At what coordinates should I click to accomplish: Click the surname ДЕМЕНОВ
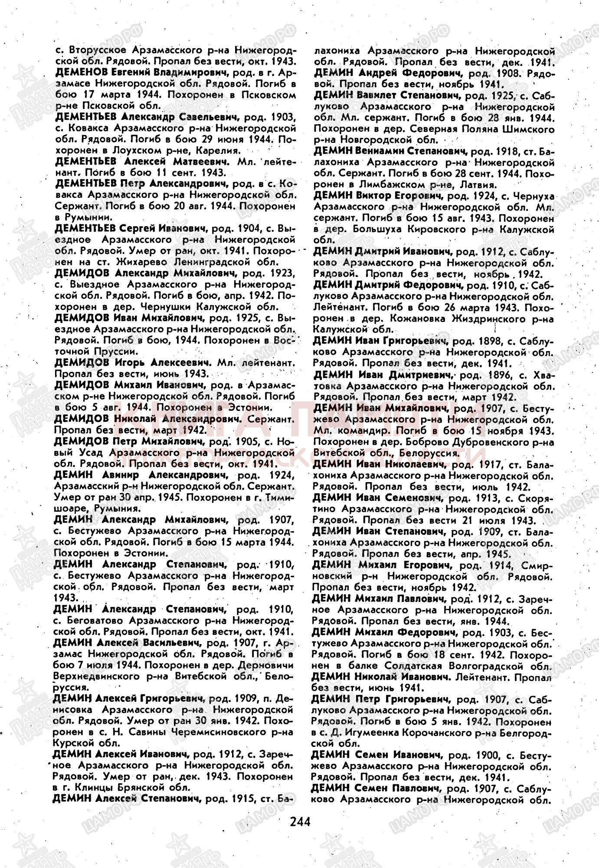pos(82,72)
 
